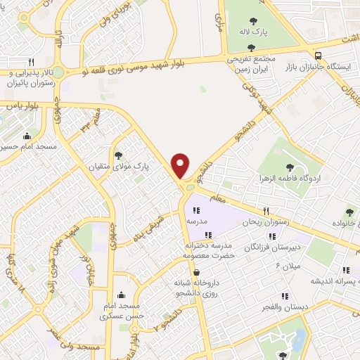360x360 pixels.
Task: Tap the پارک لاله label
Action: coord(257,32)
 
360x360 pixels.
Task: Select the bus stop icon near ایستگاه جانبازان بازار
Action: coord(319,56)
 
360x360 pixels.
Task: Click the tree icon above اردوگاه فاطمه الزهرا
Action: coord(290,167)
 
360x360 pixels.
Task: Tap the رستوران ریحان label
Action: coord(265,221)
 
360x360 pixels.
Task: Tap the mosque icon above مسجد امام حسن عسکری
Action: coord(122,295)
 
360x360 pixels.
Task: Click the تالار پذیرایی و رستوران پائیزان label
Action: coord(30,77)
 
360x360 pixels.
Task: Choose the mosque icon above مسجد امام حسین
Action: coord(27,136)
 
